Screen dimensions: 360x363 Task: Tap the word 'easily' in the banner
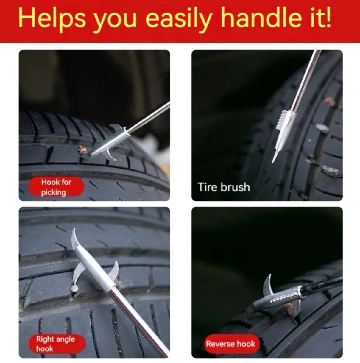178,20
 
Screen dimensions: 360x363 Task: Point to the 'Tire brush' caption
224,187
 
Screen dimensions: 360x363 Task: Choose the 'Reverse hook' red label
232,344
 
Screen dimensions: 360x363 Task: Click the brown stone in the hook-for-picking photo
82,149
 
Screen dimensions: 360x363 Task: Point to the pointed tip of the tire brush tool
272,162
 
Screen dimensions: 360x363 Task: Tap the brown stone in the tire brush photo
330,102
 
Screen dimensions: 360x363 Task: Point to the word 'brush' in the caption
235,187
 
